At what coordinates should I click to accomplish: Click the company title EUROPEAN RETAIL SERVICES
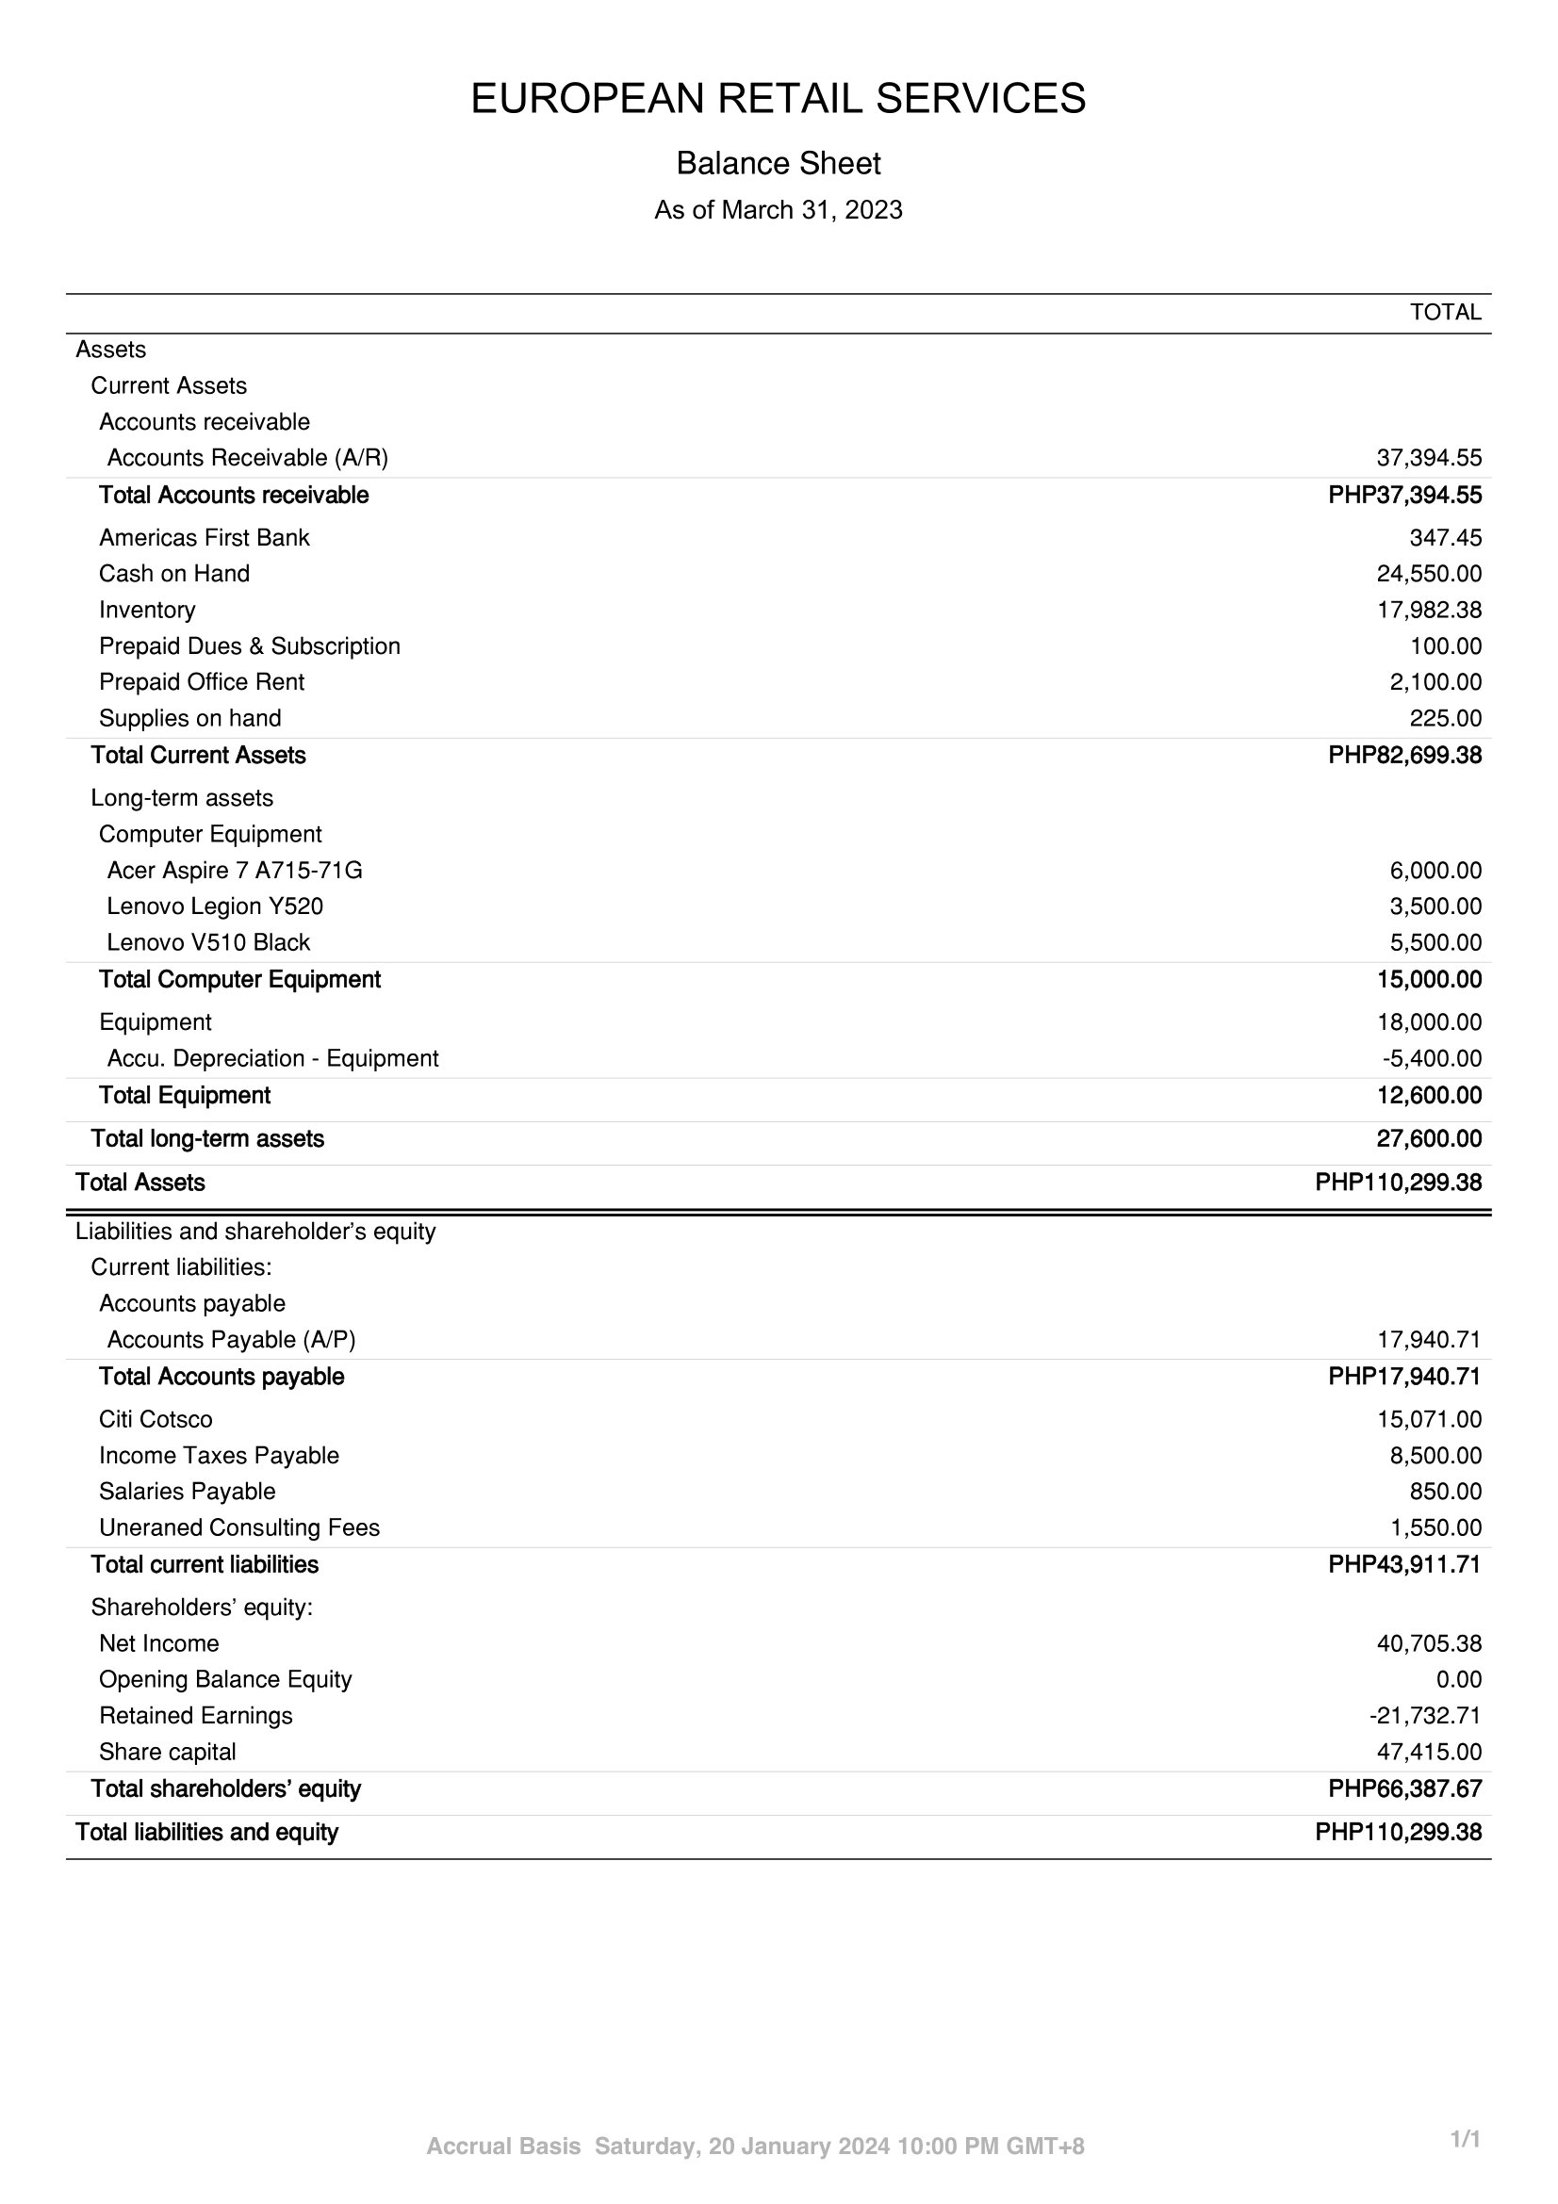tap(778, 99)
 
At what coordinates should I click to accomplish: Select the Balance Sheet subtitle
tap(778, 164)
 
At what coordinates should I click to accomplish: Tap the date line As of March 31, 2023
tap(778, 210)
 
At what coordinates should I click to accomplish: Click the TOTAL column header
tap(1445, 312)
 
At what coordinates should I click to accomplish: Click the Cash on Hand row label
tap(173, 574)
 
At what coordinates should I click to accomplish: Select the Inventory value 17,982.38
tap(1429, 611)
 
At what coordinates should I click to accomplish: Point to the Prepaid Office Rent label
tap(202, 682)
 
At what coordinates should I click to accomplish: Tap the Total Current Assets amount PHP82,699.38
tap(1404, 756)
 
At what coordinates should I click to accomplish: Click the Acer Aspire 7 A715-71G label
tap(235, 871)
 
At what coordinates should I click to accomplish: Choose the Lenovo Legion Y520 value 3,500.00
tap(1435, 907)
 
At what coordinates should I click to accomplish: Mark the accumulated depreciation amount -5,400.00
tap(1432, 1059)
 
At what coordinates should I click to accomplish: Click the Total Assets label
tap(140, 1183)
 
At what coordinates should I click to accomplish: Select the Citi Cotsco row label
tap(156, 1420)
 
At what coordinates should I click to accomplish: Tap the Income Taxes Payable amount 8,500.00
tap(1435, 1456)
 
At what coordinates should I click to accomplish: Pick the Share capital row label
tap(167, 1753)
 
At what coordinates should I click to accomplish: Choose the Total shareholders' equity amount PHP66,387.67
tap(1404, 1789)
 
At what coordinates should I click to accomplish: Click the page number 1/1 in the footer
tap(1465, 2140)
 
